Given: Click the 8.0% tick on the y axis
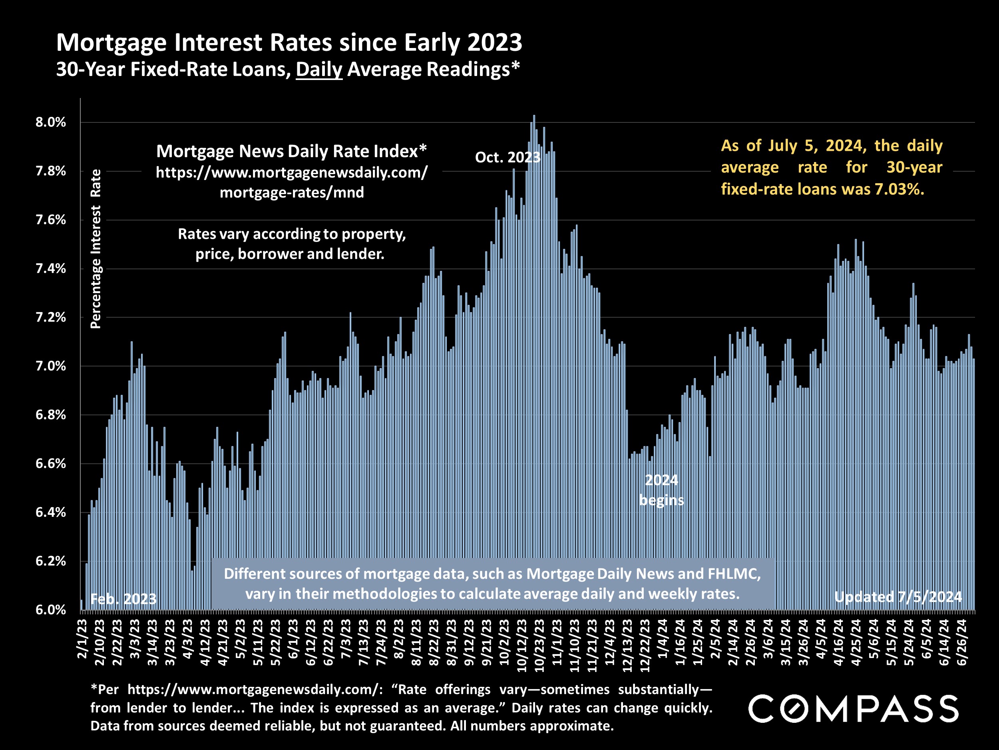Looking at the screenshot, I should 51,122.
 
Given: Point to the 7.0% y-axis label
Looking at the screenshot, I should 51,366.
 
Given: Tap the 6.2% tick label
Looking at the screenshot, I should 51,561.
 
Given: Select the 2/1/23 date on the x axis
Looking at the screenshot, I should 83,639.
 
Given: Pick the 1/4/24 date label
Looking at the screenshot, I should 663,639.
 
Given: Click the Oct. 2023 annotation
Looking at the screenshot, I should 507,157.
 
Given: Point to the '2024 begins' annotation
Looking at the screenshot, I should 661,490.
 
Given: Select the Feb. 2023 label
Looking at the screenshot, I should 123,599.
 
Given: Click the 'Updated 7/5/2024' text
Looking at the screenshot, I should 898,597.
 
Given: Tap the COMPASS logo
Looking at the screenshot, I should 853,709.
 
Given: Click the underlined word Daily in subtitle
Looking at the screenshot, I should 319,70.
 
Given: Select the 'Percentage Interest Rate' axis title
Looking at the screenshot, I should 96,249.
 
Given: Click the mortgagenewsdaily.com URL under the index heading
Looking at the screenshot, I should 292,182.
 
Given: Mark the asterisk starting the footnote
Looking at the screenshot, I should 94,688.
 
